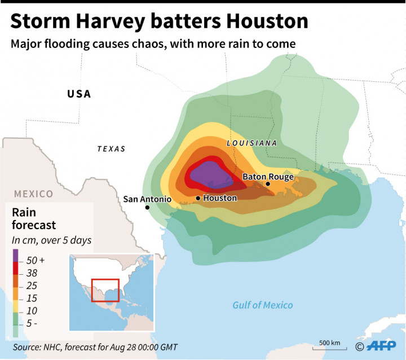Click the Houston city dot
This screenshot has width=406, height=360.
198,198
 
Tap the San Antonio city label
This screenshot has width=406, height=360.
147,199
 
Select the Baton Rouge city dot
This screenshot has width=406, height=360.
268,184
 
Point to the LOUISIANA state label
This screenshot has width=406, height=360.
251,143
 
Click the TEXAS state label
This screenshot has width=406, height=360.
111,149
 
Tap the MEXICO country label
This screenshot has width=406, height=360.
33,194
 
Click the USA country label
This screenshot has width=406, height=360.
79,94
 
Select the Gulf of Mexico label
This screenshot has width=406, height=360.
263,305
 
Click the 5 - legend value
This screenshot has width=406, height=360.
33,323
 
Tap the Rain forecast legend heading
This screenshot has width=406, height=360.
34,219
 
